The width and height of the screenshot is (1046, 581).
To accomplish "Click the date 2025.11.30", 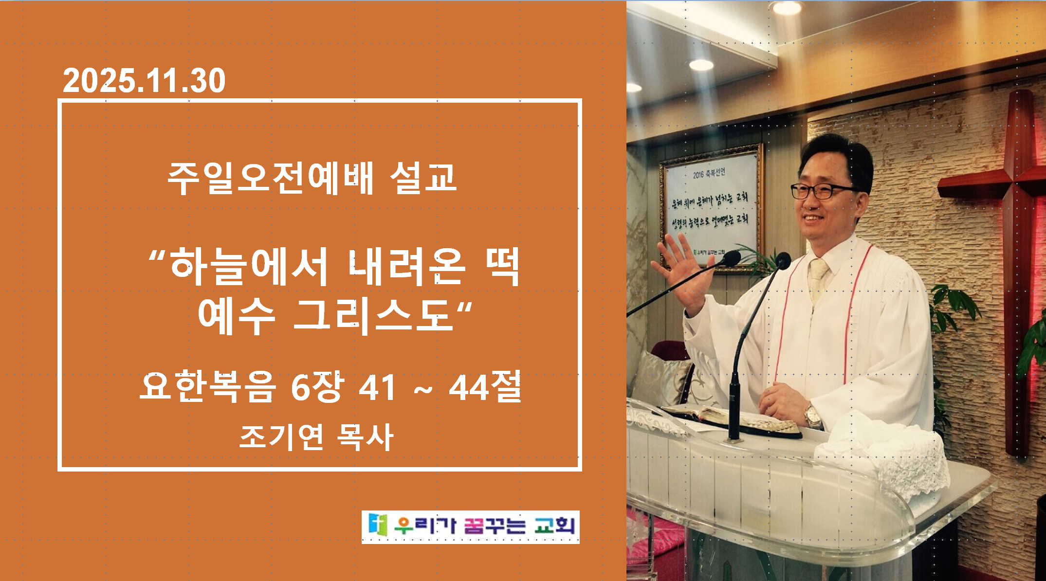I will pyautogui.click(x=144, y=81).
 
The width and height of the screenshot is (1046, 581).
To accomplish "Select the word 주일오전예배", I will pyautogui.click(x=270, y=178).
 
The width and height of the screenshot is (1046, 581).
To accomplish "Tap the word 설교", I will pyautogui.click(x=423, y=178).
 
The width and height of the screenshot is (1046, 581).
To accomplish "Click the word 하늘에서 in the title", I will pyautogui.click(x=248, y=266).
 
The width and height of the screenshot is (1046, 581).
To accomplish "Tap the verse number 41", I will pyautogui.click(x=377, y=388).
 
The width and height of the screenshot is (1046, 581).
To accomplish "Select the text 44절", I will pyautogui.click(x=484, y=386).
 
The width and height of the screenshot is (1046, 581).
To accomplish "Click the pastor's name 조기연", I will pyautogui.click(x=281, y=436).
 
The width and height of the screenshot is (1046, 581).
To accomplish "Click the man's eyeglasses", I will pyautogui.click(x=823, y=191).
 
